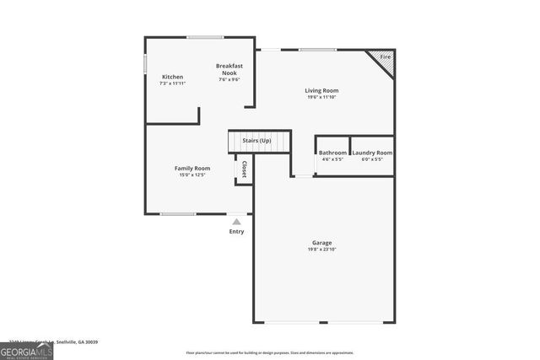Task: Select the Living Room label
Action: click(x=321, y=90)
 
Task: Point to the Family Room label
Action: click(x=192, y=168)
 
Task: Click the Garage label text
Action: click(x=321, y=243)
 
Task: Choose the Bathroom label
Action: click(x=333, y=153)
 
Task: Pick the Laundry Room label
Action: click(x=372, y=153)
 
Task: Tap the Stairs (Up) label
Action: click(x=256, y=140)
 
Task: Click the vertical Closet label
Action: click(x=245, y=169)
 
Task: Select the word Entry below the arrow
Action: click(x=237, y=232)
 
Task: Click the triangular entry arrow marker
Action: click(x=237, y=222)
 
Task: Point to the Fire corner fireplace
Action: click(x=385, y=58)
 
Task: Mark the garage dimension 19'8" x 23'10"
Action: click(x=321, y=250)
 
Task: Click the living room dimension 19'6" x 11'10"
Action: click(x=321, y=97)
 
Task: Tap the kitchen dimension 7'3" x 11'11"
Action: click(x=173, y=83)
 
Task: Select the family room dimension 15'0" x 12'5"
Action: click(x=192, y=175)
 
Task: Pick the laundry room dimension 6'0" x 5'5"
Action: click(x=372, y=159)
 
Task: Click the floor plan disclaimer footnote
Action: click(x=270, y=352)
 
